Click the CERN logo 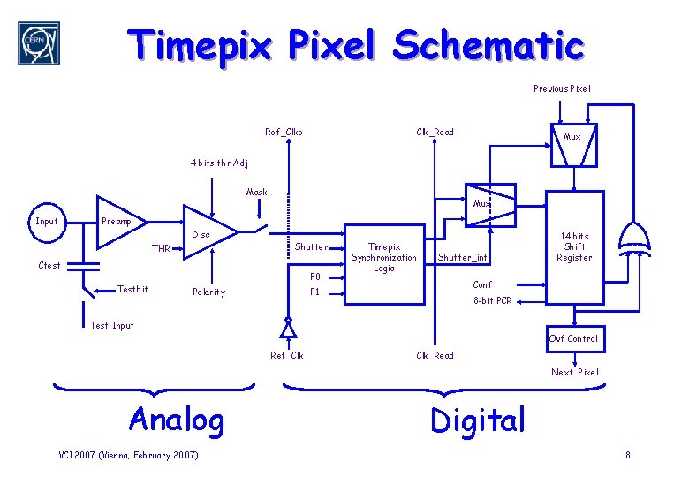(x=39, y=43)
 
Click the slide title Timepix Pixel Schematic (x=355, y=44)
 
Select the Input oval (x=46, y=222)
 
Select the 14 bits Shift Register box (x=573, y=247)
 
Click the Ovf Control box (x=573, y=338)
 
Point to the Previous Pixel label (x=562, y=88)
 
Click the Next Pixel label (x=574, y=372)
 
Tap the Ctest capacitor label (x=49, y=265)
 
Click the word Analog (x=177, y=419)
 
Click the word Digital (x=477, y=420)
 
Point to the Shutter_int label (x=463, y=258)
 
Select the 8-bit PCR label (x=492, y=301)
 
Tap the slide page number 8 (x=627, y=455)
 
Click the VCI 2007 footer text (x=128, y=455)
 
